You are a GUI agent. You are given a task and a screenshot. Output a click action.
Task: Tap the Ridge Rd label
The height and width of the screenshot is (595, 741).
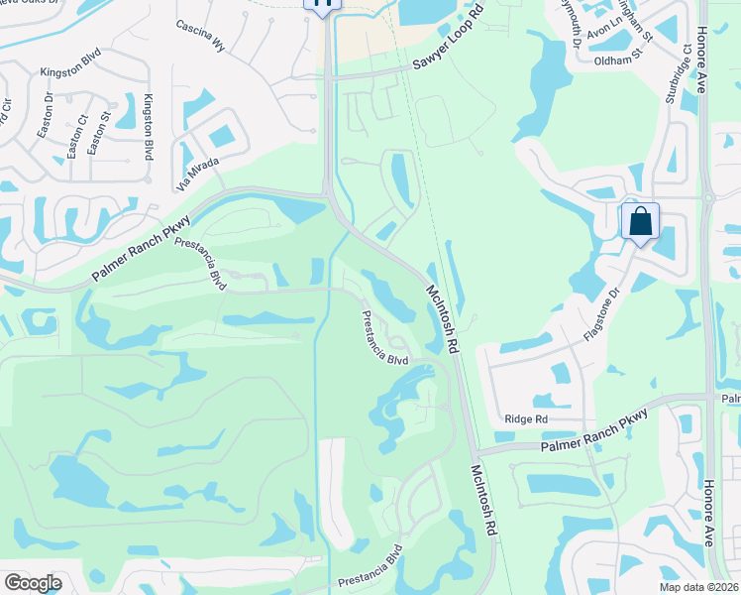pos(526,419)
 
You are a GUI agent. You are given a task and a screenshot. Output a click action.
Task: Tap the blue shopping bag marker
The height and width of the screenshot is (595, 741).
pos(641,220)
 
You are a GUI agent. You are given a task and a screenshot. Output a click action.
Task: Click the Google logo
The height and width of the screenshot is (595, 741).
pos(33,582)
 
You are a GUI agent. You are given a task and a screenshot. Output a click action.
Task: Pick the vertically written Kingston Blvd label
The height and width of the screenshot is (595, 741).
pos(149,127)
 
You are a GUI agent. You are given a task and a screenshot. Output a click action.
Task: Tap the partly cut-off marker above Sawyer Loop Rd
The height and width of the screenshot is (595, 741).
pos(323,5)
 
